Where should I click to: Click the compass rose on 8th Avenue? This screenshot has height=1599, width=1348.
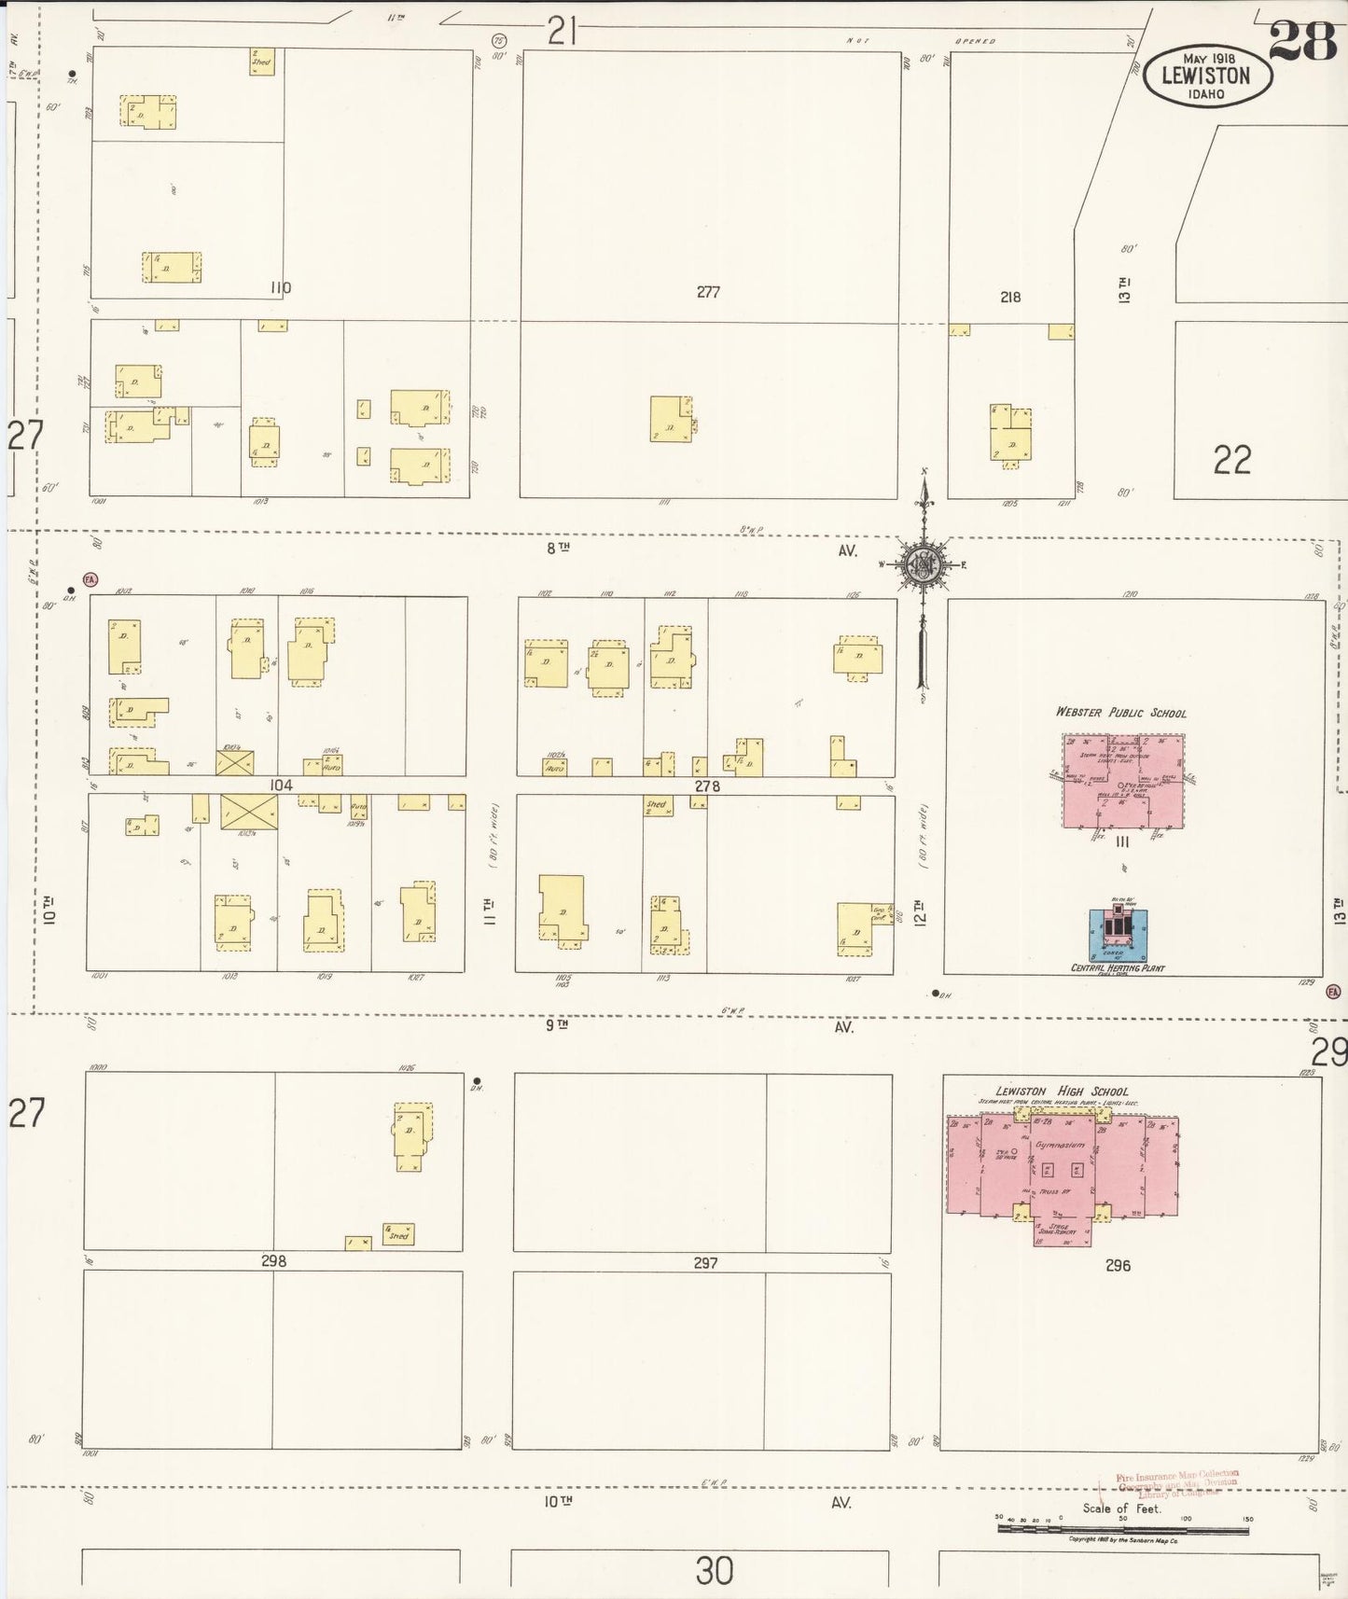(924, 564)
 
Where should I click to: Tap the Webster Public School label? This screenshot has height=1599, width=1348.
(1120, 713)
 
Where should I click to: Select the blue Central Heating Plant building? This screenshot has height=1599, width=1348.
(1118, 935)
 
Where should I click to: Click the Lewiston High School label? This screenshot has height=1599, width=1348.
(1062, 1091)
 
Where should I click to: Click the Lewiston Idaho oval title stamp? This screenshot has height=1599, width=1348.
(1206, 75)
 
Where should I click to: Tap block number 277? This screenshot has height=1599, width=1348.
(708, 292)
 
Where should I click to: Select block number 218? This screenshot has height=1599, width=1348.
(1010, 297)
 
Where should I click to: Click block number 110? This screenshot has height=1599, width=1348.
(280, 288)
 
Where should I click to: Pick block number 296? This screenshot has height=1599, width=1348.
(1118, 1265)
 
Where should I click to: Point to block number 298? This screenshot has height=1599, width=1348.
(273, 1260)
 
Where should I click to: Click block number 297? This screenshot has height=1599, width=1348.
(705, 1262)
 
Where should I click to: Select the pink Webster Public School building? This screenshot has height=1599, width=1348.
(1123, 781)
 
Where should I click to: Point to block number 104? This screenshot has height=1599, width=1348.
(281, 786)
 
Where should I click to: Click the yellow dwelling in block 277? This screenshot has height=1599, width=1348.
(671, 419)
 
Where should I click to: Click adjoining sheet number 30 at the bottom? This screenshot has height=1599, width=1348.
(714, 1570)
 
